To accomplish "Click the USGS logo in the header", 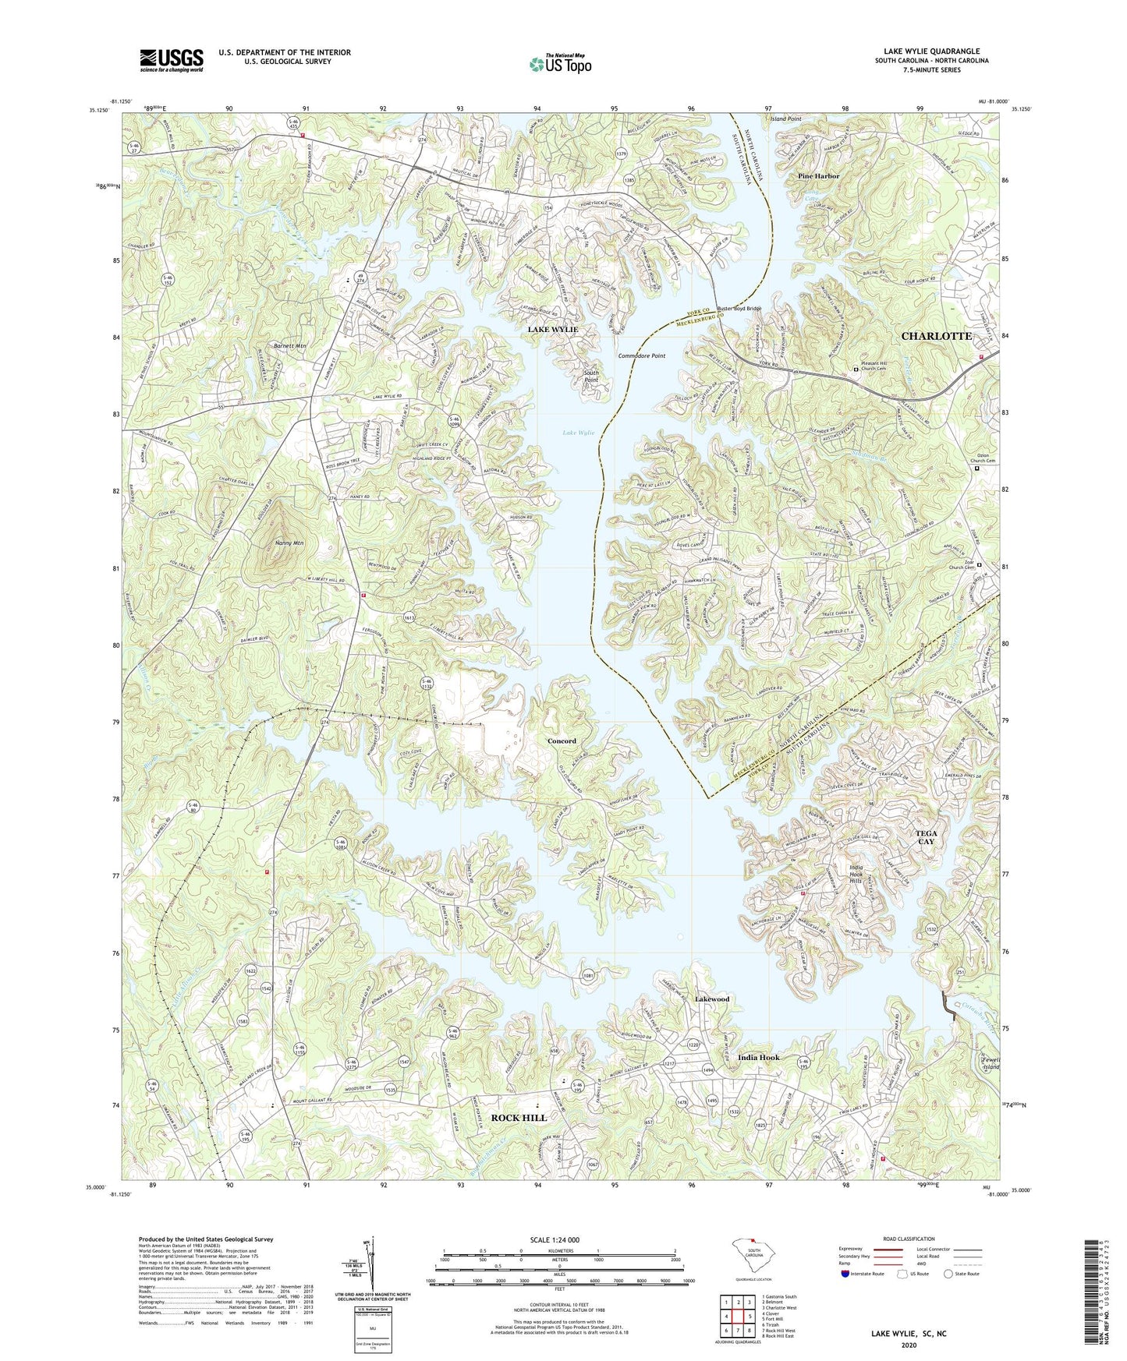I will click(x=172, y=60).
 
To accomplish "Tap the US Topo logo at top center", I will click(x=559, y=64).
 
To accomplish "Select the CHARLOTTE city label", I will click(x=936, y=336).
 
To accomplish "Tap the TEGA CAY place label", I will click(x=926, y=837).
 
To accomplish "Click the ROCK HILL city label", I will click(x=519, y=1118).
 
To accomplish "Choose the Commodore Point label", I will click(x=642, y=356).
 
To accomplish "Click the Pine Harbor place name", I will click(x=818, y=176).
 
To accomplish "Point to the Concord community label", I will click(x=562, y=741).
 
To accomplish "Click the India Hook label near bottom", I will click(x=758, y=1058).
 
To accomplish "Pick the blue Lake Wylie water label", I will click(x=578, y=433).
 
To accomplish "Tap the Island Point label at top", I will click(x=785, y=119).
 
